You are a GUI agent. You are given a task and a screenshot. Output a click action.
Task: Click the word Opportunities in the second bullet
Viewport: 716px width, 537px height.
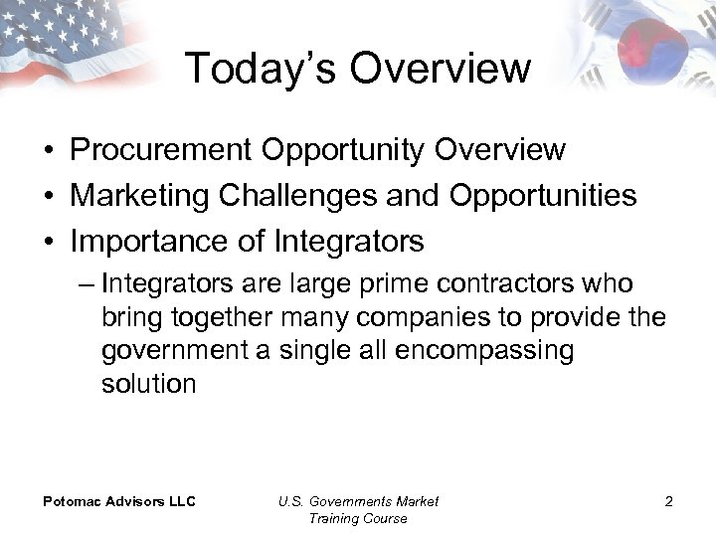click(x=543, y=195)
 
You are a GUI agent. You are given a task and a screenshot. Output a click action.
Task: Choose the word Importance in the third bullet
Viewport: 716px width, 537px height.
click(x=136, y=241)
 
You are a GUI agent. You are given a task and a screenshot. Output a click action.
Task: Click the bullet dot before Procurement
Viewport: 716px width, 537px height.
click(x=49, y=151)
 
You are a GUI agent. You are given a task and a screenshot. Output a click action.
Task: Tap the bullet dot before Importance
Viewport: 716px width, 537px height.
click(x=49, y=242)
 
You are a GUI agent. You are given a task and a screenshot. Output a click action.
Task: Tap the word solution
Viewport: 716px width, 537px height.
click(x=149, y=385)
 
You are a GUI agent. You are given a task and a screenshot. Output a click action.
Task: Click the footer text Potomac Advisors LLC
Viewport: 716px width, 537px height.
click(x=118, y=501)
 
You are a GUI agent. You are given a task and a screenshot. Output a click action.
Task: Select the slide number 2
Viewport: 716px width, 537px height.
click(x=668, y=501)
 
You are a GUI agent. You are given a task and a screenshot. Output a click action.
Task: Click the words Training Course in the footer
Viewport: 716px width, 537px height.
click(x=358, y=518)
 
